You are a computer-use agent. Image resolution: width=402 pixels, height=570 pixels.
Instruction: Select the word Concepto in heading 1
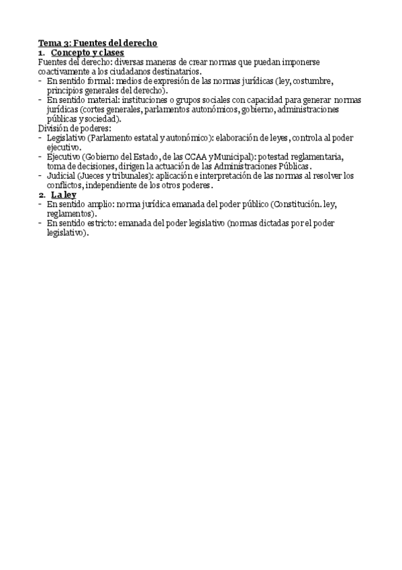(70, 52)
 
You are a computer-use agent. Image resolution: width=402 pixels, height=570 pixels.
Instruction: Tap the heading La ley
(64, 195)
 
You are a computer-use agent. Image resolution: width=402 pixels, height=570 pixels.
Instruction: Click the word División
(54, 128)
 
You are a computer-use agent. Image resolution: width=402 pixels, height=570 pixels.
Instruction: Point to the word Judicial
(61, 176)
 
